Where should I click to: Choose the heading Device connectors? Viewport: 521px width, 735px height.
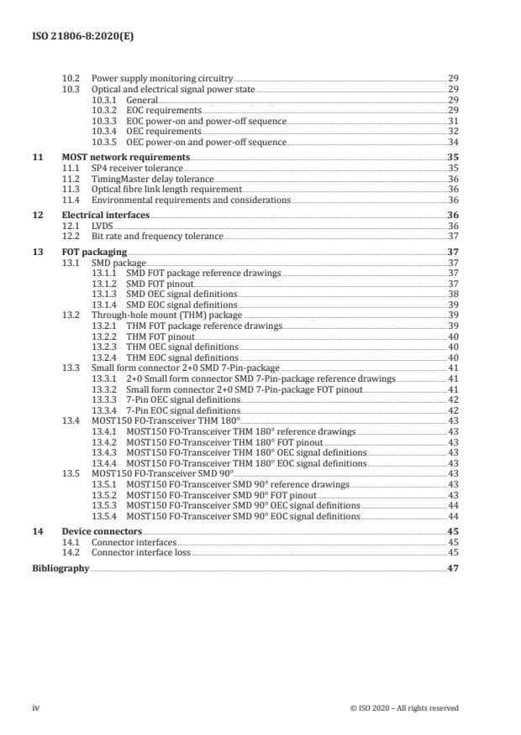point(103,532)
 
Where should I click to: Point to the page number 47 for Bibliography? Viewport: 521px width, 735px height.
point(452,568)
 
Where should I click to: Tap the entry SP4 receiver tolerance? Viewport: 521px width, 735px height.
point(136,169)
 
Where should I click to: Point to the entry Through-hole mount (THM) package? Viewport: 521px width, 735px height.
point(166,315)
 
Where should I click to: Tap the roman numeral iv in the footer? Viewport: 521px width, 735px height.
point(36,707)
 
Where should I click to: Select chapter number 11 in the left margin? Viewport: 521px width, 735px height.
point(35,158)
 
